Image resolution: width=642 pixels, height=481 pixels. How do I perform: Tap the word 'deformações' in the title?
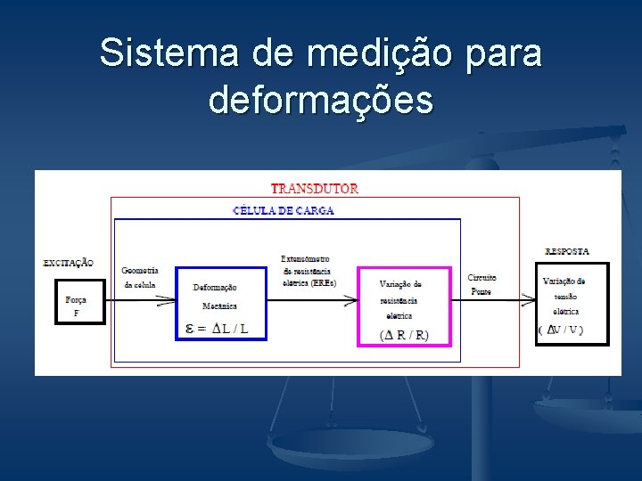pyautogui.click(x=321, y=100)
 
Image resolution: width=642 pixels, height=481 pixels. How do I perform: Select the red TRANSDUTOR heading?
pyautogui.click(x=315, y=189)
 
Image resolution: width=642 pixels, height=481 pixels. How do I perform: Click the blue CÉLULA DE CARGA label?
pyautogui.click(x=284, y=211)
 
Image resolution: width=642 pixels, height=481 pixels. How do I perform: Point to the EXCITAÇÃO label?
pyautogui.click(x=68, y=262)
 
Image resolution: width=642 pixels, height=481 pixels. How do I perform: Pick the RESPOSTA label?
pyautogui.click(x=566, y=251)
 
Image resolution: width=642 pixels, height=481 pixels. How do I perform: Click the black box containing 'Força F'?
pyautogui.click(x=79, y=302)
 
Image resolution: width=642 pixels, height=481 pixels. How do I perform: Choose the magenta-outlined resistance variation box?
pyautogui.click(x=405, y=306)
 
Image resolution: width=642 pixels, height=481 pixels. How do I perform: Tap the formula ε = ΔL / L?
pyautogui.click(x=216, y=329)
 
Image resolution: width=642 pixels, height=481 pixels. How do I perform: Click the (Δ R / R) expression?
pyautogui.click(x=404, y=335)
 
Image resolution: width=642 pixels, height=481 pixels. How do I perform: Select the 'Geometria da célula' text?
pyautogui.click(x=139, y=277)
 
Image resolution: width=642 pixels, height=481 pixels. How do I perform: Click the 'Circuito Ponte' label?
pyautogui.click(x=481, y=284)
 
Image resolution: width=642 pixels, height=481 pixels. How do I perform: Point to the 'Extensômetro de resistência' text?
pyautogui.click(x=305, y=265)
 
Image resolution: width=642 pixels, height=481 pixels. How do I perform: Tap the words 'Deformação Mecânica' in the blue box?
pyautogui.click(x=215, y=296)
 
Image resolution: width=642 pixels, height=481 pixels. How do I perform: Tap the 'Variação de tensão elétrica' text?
pyautogui.click(x=564, y=297)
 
